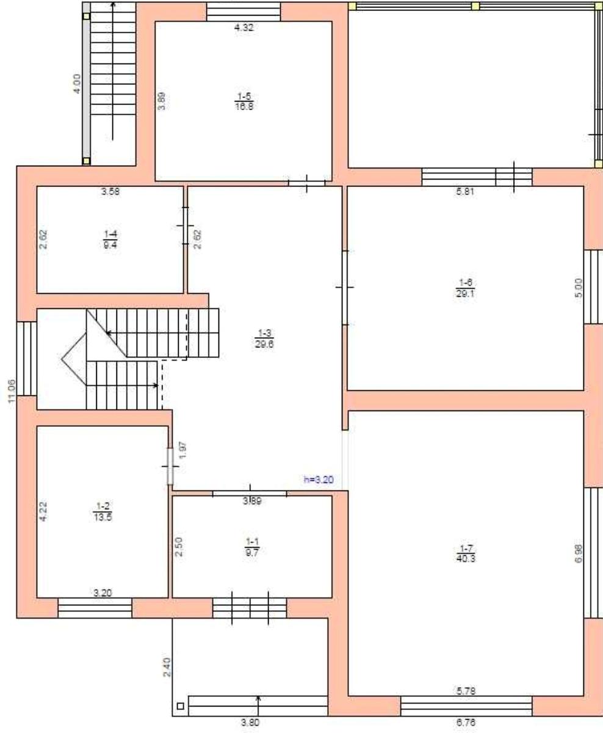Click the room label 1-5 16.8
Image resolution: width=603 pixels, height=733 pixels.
click(x=244, y=101)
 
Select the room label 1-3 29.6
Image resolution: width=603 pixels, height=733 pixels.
click(x=265, y=338)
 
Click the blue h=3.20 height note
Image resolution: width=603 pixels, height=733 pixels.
click(x=319, y=480)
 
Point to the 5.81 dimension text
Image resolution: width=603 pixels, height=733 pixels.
click(x=465, y=192)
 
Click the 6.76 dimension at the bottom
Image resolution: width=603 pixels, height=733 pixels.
click(x=466, y=722)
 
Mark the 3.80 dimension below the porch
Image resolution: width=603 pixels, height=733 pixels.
click(x=250, y=722)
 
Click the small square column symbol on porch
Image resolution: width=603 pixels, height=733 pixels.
click(x=180, y=707)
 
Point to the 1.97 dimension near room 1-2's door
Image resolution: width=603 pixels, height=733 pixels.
click(x=183, y=450)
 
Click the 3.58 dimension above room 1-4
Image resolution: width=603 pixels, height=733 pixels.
click(x=110, y=191)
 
